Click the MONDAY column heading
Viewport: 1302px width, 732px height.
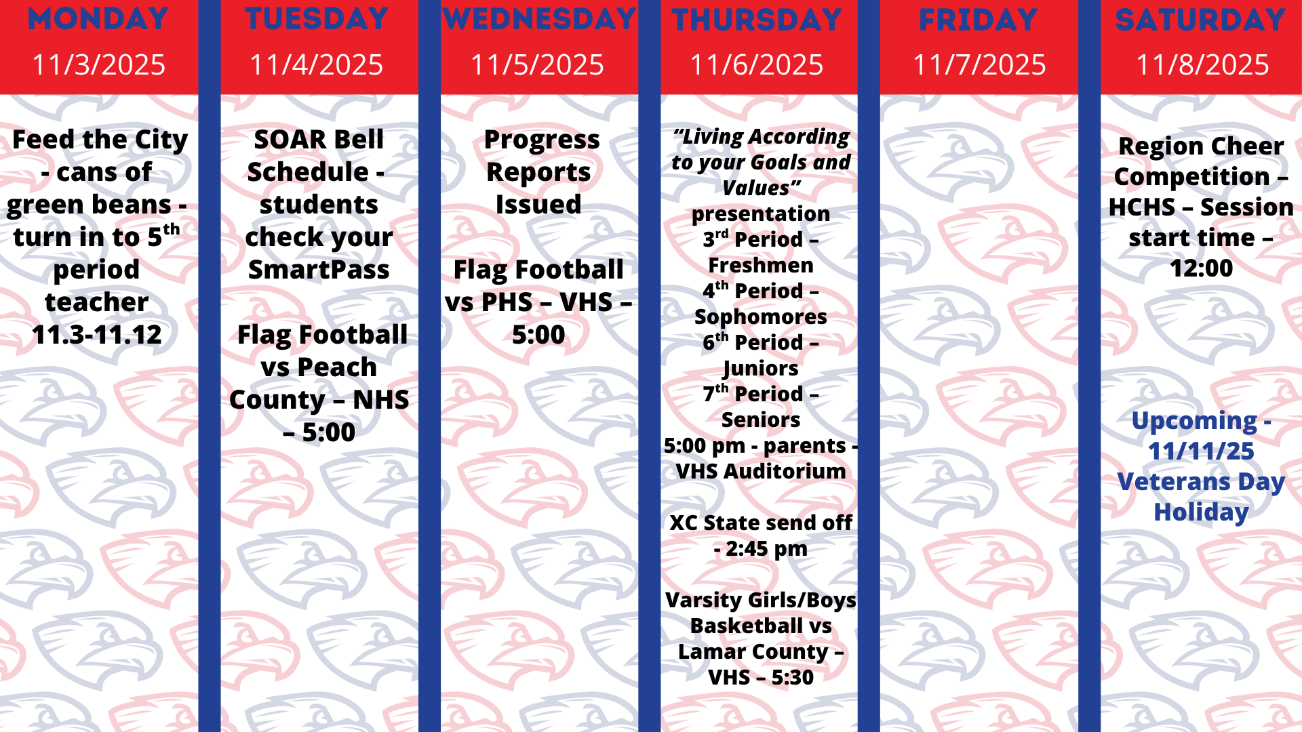98,19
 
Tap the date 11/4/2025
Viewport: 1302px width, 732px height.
316,65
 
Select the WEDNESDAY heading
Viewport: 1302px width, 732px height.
539,19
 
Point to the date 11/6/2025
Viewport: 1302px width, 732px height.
756,65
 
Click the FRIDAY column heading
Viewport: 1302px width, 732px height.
978,20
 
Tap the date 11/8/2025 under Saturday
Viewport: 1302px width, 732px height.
1202,65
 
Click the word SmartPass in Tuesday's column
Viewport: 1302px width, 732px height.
318,270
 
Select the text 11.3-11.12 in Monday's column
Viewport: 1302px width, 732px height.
97,335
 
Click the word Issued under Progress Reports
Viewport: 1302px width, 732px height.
538,205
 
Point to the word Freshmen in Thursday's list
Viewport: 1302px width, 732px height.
760,265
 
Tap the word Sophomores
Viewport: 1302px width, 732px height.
760,317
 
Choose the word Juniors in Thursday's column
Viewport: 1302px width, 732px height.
760,368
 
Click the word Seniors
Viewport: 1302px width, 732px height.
760,420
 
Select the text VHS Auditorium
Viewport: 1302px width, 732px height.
760,471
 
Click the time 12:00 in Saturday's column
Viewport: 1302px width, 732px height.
1201,268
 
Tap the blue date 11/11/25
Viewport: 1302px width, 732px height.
1201,451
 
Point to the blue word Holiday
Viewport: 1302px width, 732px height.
1201,512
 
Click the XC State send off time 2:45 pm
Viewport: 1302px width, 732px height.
766,548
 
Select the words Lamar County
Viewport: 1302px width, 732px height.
753,651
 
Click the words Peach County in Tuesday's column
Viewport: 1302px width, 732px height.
318,383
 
